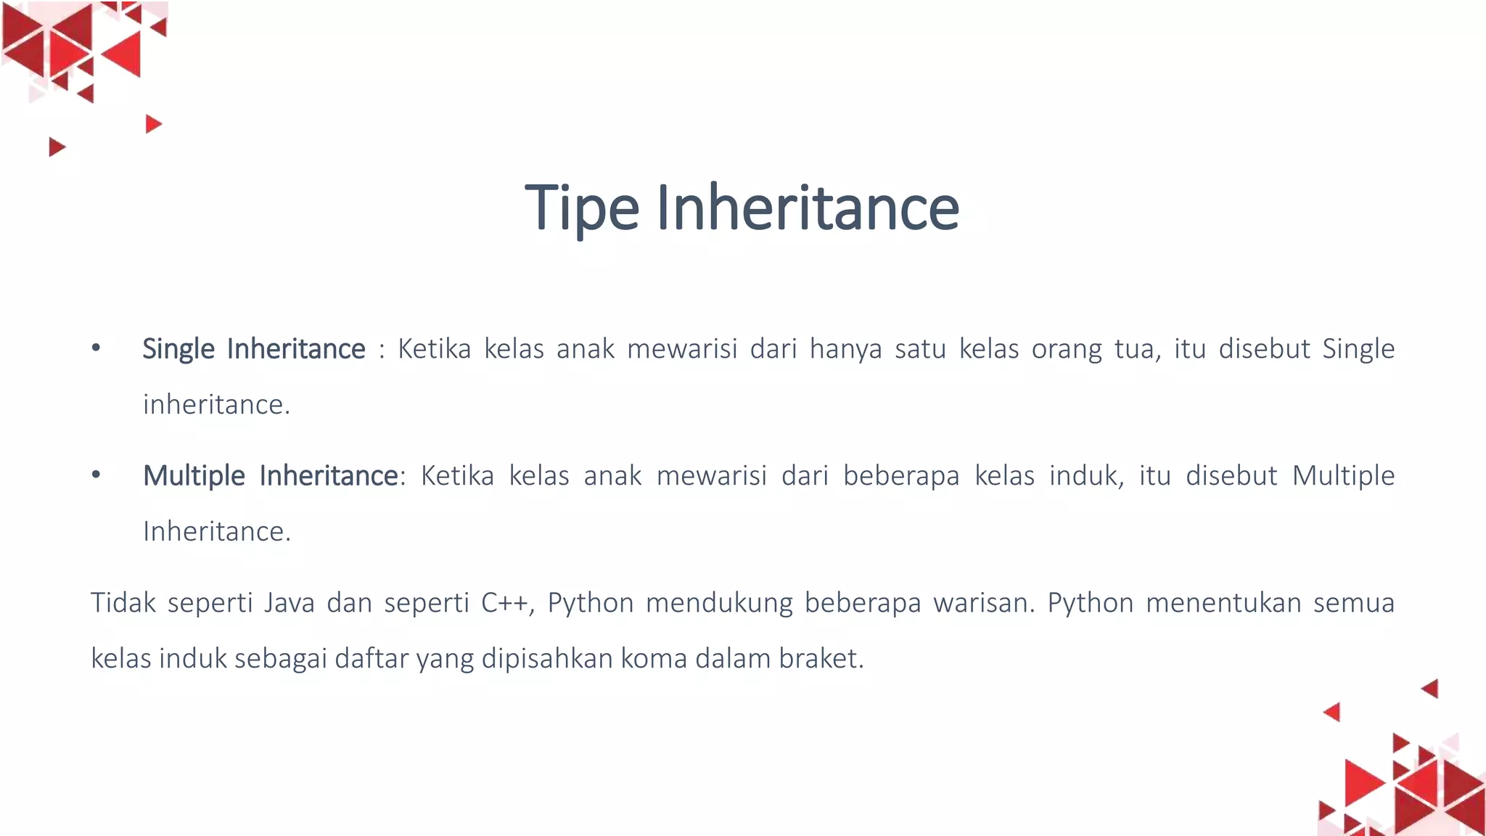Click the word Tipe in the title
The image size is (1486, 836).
click(x=581, y=208)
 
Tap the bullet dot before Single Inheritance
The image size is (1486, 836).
click(x=96, y=348)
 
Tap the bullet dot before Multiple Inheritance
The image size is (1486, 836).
click(x=96, y=475)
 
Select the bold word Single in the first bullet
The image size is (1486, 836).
click(x=178, y=349)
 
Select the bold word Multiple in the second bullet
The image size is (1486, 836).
click(x=194, y=476)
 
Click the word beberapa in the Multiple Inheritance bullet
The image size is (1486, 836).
click(x=901, y=476)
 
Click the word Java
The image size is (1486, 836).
click(x=289, y=603)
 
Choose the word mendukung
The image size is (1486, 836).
click(x=719, y=603)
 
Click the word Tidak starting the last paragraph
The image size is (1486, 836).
click(x=123, y=603)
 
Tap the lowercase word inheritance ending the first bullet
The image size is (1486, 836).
click(x=215, y=405)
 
